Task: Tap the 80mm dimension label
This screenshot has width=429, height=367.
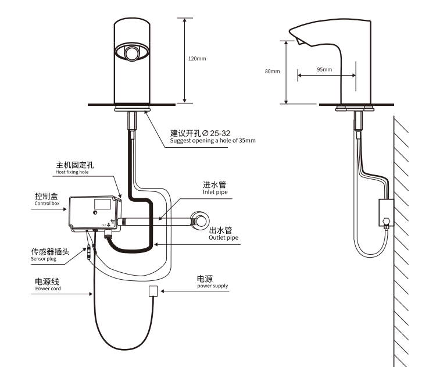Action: point(272,72)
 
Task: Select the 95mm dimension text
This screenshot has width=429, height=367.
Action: point(324,69)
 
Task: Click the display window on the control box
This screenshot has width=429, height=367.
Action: point(103,204)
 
